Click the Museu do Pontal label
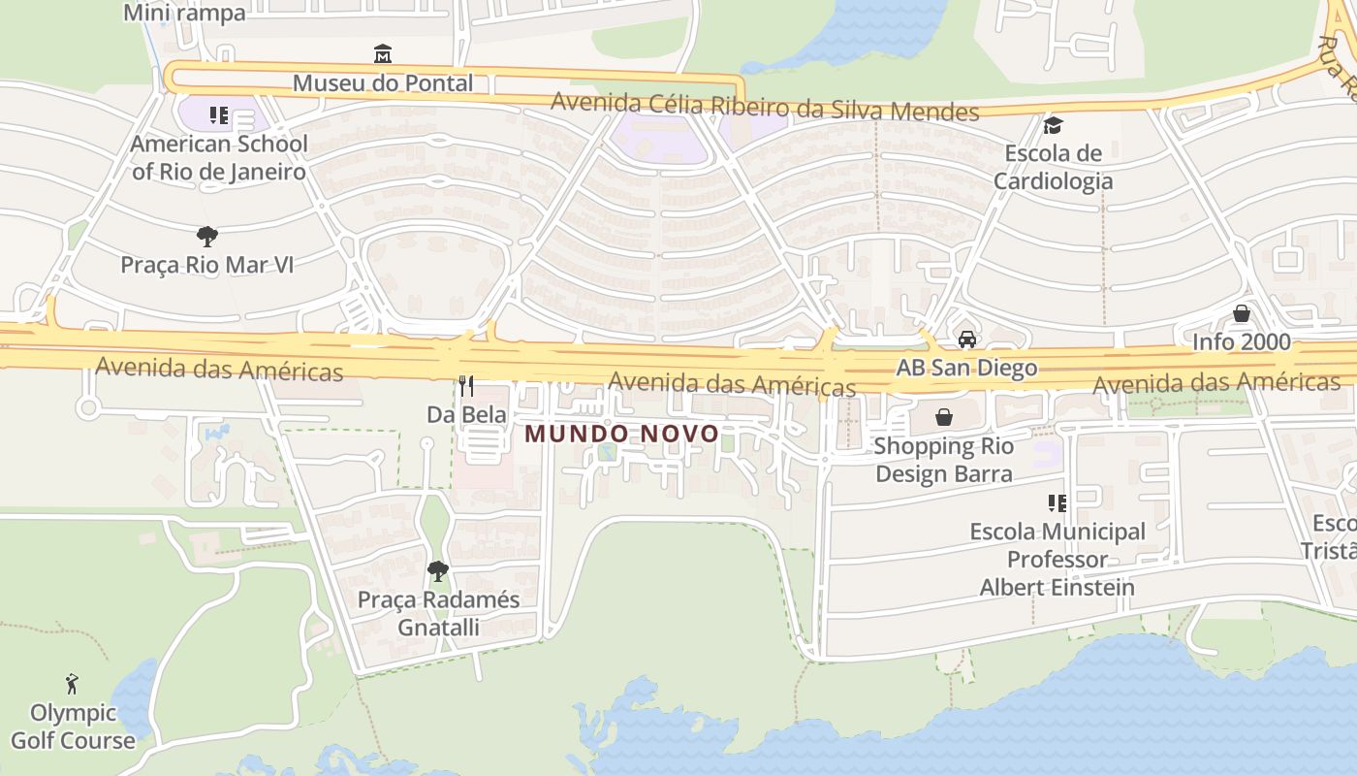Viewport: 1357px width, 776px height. click(383, 83)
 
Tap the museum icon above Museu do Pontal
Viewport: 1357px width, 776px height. click(383, 52)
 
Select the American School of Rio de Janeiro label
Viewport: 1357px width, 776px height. click(219, 158)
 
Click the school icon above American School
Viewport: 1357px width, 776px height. click(219, 116)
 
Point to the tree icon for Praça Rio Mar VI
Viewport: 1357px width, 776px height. click(206, 236)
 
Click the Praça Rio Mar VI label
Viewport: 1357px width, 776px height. click(206, 265)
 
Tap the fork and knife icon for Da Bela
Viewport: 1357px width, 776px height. click(466, 386)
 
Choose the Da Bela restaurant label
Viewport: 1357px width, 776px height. click(466, 414)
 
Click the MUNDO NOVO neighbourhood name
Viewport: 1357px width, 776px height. click(622, 434)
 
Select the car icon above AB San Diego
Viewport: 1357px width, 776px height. click(966, 339)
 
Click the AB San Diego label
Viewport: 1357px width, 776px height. click(966, 369)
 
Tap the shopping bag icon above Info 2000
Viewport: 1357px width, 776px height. click(1242, 313)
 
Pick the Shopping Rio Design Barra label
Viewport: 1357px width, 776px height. click(944, 460)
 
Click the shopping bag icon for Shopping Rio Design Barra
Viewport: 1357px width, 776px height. click(944, 417)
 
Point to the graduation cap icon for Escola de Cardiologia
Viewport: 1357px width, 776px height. click(1053, 125)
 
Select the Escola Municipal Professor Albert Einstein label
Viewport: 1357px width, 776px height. click(1057, 560)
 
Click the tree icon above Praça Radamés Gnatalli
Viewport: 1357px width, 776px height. click(438, 570)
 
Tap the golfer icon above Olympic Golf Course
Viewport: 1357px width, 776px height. click(72, 684)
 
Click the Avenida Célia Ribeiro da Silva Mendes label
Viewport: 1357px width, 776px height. click(765, 107)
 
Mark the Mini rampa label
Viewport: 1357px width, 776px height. click(185, 13)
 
